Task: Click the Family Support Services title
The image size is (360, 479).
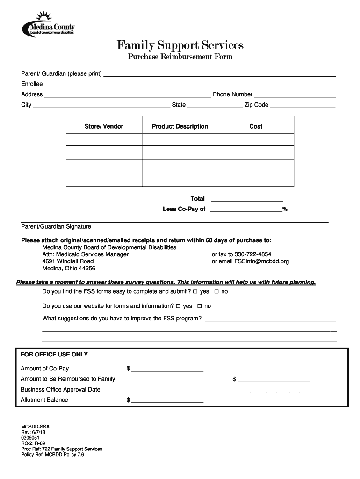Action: [180, 45]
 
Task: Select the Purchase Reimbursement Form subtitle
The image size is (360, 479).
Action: [180, 57]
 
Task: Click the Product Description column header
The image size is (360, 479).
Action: [180, 126]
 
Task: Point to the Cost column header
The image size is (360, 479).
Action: [256, 126]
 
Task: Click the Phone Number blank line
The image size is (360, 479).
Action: [295, 96]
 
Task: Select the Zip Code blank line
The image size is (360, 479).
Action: [303, 107]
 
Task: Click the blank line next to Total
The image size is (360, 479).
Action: [247, 200]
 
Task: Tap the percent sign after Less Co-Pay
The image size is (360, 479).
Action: [285, 209]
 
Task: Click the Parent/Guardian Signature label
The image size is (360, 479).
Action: [56, 226]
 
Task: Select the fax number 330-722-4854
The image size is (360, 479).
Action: [250, 254]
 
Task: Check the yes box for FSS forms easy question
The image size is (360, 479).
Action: [195, 292]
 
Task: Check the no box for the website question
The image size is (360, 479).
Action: [200, 306]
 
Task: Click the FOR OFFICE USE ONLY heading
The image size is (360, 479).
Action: [54, 355]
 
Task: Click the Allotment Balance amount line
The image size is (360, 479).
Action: [167, 401]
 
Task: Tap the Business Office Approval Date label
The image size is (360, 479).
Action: [60, 390]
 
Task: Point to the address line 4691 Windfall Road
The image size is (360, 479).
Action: [68, 261]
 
